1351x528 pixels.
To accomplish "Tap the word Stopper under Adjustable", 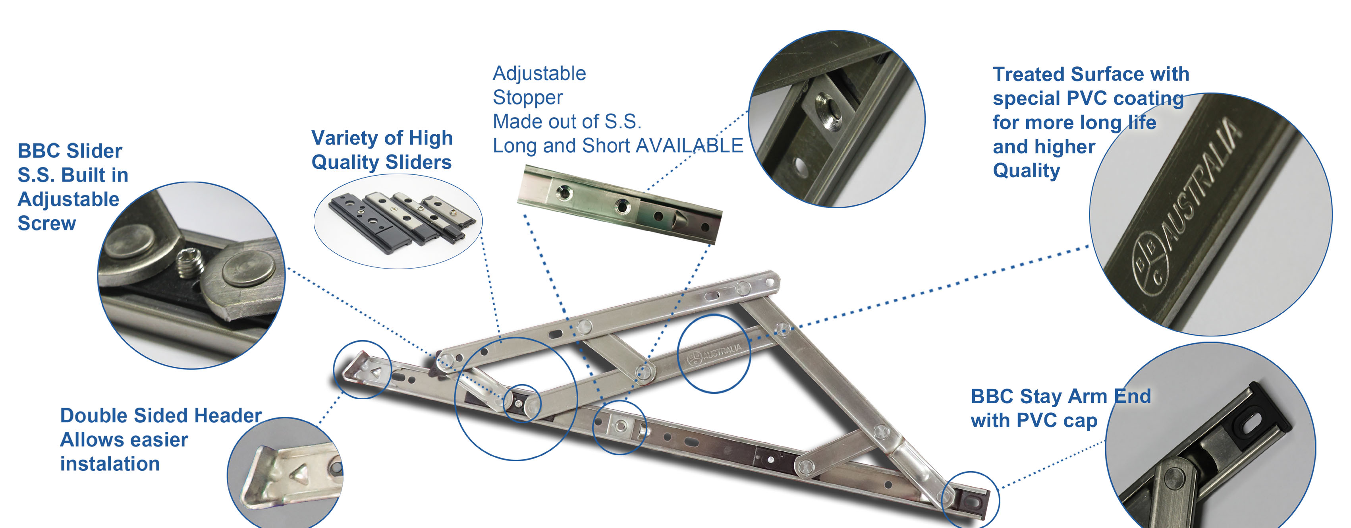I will coord(528,98).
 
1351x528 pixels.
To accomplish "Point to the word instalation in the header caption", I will coord(110,464).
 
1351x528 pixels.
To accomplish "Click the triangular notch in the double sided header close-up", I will coord(299,474).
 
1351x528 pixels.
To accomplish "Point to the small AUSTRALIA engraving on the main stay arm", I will coord(722,352).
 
